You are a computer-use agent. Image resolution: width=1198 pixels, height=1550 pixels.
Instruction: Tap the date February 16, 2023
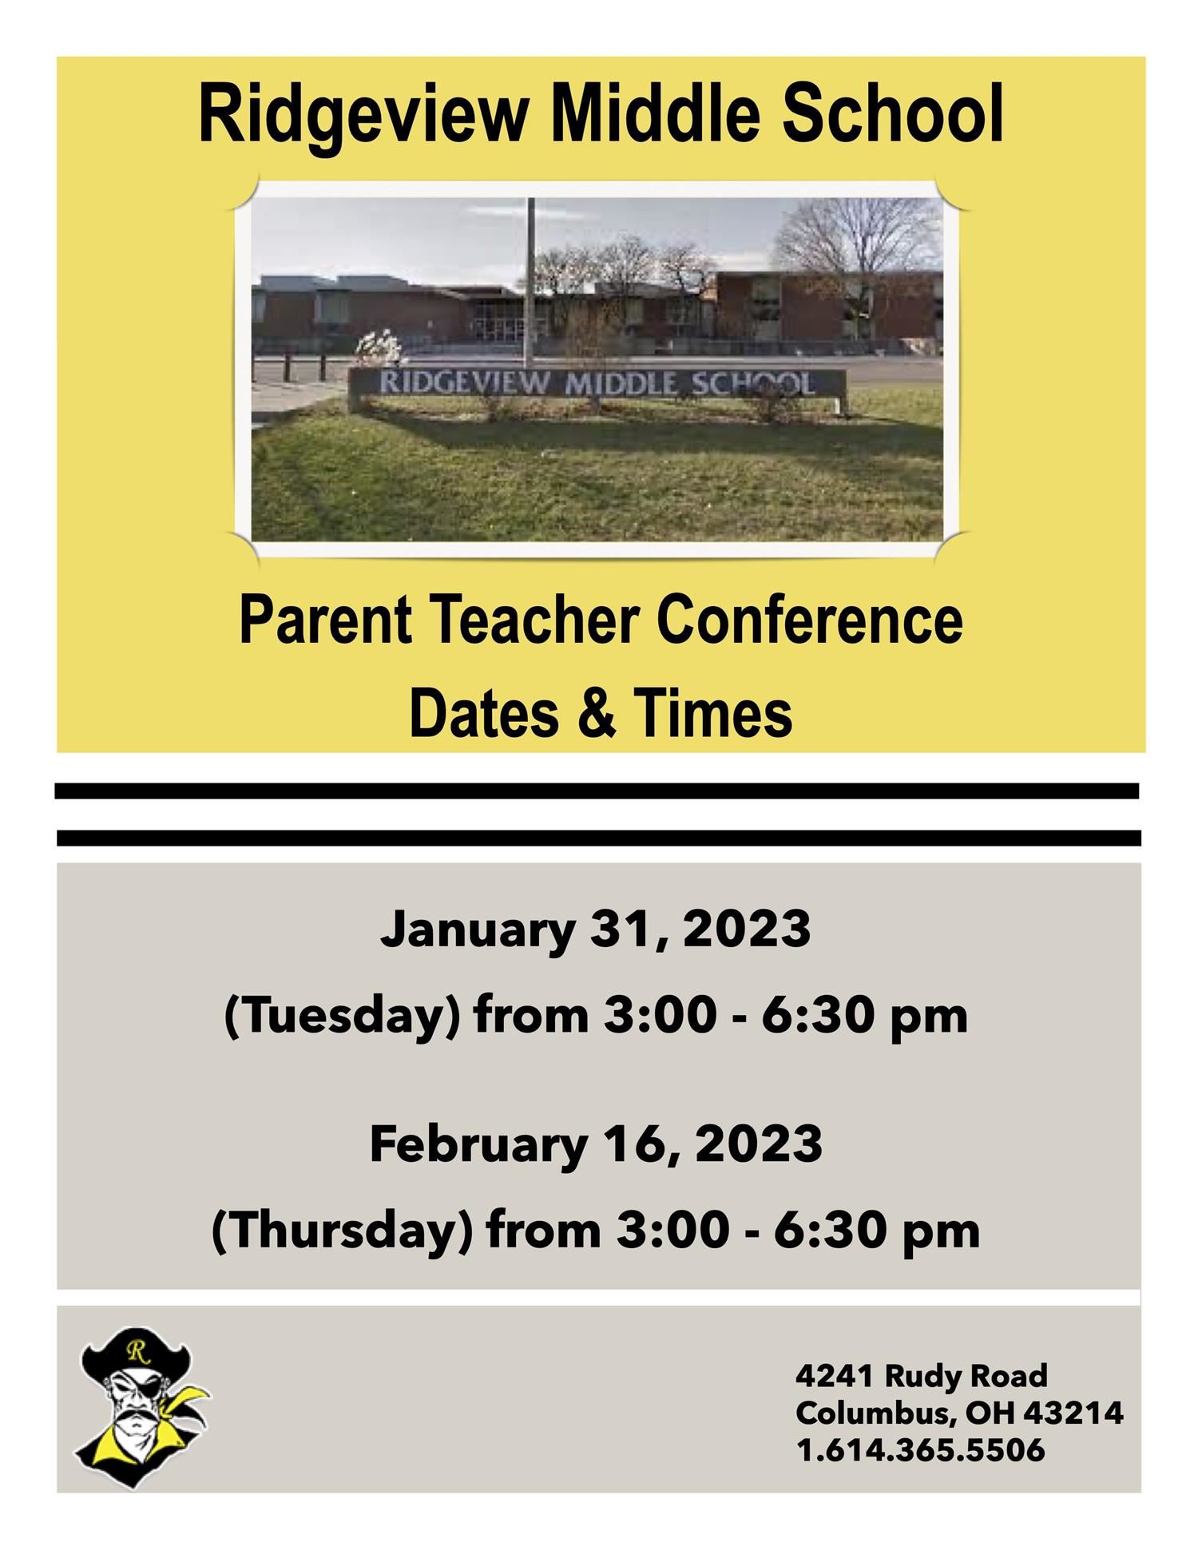[596, 1144]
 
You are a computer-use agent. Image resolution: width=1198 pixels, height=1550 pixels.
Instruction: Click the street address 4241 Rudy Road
[921, 1375]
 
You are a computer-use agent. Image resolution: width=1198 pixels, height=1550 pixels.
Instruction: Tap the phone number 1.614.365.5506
[920, 1449]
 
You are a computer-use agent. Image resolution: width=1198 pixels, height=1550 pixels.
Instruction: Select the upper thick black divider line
[597, 791]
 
